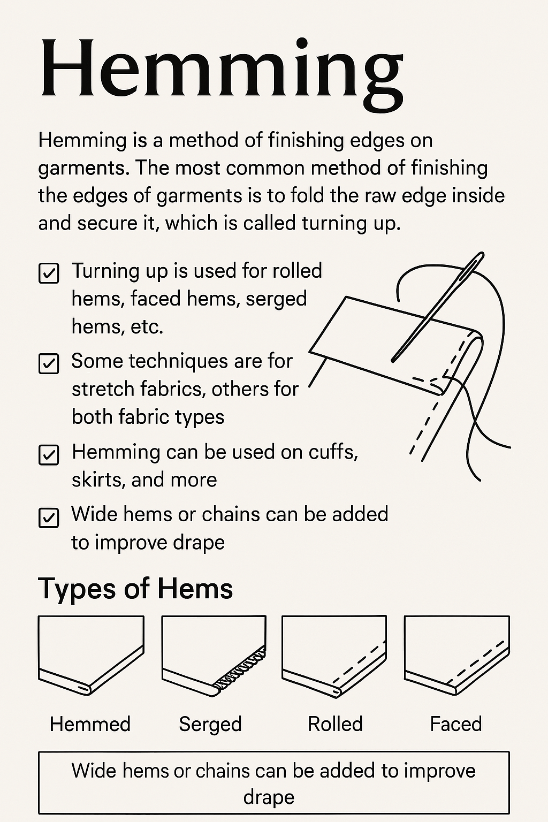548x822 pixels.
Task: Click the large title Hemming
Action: (x=220, y=70)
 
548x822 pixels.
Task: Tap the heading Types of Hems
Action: (x=135, y=589)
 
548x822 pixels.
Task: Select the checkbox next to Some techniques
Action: (x=49, y=363)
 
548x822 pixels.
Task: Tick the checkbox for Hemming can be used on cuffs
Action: (x=49, y=455)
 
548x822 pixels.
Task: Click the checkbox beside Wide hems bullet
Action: (x=49, y=517)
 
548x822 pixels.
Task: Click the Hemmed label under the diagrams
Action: (x=90, y=724)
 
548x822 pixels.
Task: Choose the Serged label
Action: (x=210, y=724)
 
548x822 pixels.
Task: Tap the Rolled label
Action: (x=335, y=724)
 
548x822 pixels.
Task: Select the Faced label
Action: (x=456, y=724)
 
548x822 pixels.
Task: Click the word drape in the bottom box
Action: (x=269, y=797)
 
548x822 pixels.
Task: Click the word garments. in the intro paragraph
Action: (x=83, y=168)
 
